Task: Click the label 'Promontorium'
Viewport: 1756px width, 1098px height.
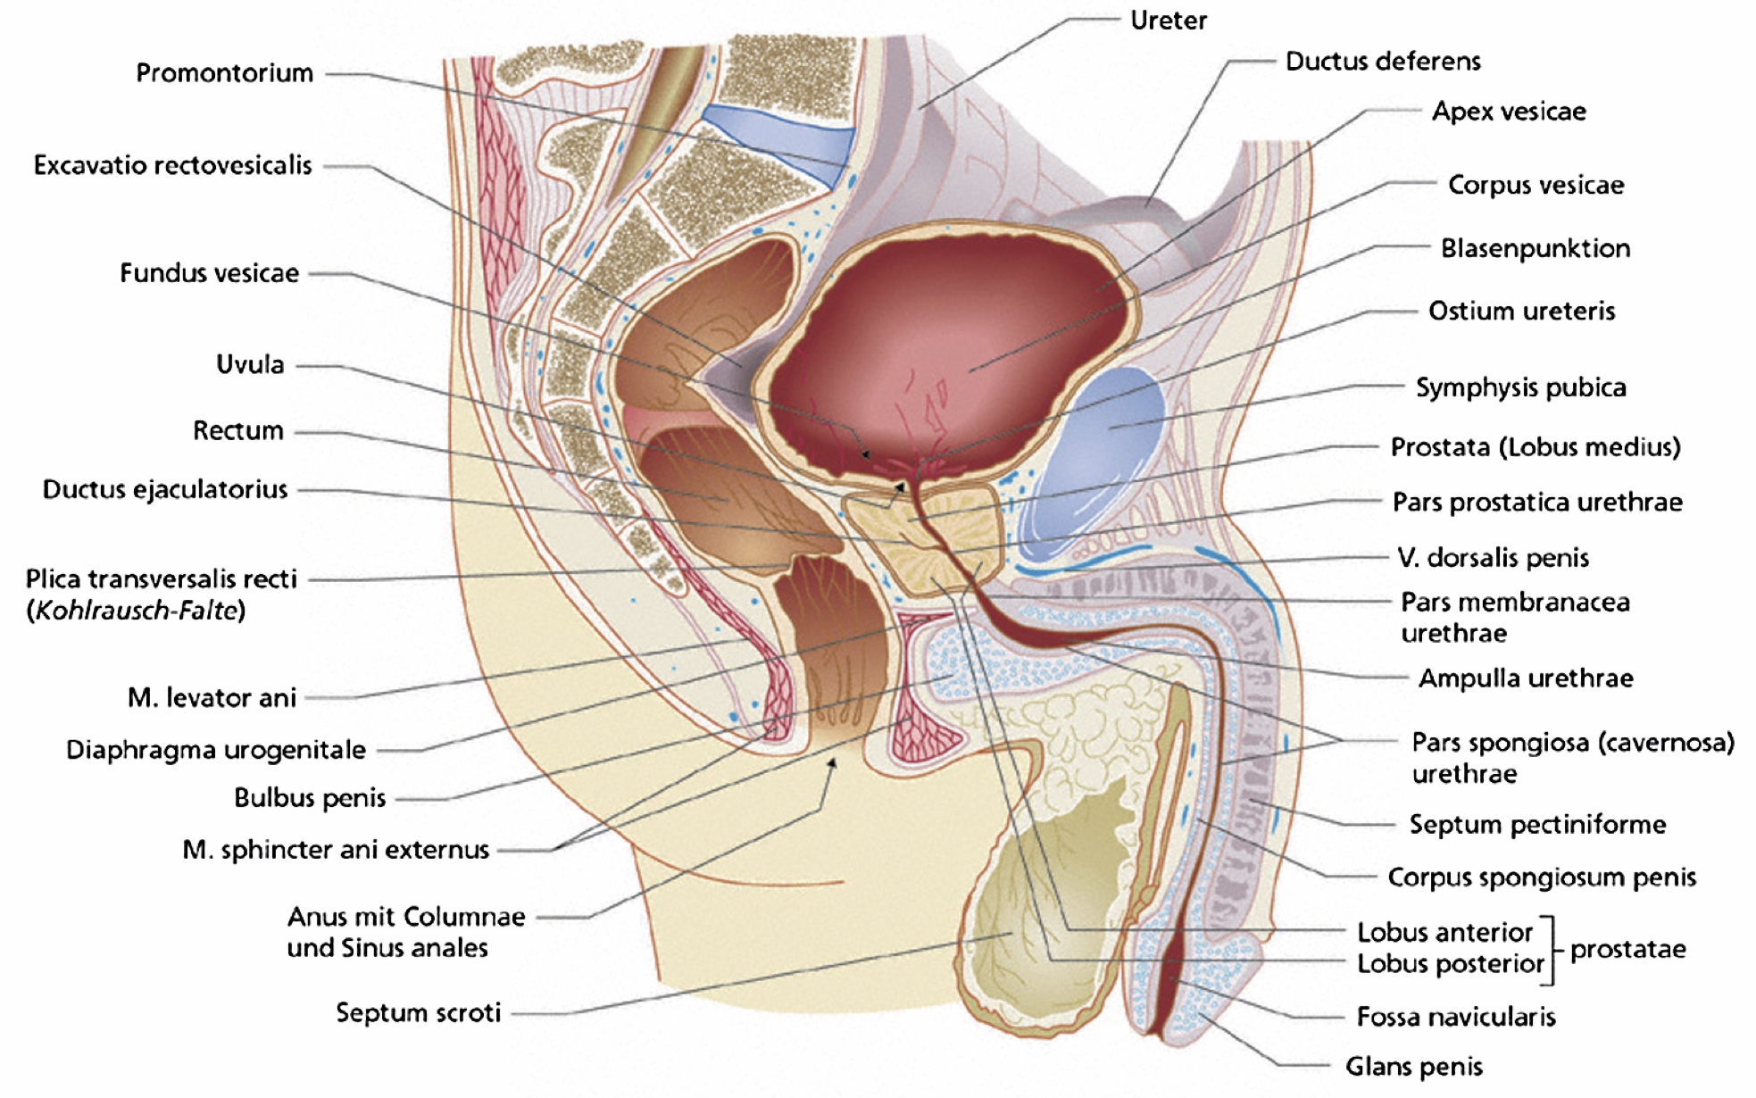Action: [x=224, y=73]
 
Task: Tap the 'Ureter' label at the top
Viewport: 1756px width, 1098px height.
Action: [x=1169, y=21]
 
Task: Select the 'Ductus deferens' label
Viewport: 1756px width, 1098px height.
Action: [x=1383, y=62]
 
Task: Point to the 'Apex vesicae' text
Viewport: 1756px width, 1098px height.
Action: [x=1509, y=112]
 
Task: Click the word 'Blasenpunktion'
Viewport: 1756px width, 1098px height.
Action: [x=1535, y=248]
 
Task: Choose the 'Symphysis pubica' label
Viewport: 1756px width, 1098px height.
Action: [x=1521, y=387]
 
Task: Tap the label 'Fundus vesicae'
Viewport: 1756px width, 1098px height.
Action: [x=210, y=273]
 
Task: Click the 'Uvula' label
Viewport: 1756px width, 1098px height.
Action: [x=250, y=364]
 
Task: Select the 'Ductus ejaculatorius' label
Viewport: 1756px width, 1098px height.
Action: [x=165, y=489]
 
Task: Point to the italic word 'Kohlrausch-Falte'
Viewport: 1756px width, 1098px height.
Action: [x=136, y=611]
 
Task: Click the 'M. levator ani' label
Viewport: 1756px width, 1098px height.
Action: [x=212, y=697]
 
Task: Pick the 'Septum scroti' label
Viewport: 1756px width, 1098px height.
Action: [x=418, y=1012]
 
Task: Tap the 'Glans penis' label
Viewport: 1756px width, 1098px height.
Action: [x=1414, y=1066]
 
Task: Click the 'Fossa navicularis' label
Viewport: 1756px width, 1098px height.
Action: [x=1456, y=1017]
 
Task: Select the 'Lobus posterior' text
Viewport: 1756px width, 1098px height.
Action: [x=1451, y=964]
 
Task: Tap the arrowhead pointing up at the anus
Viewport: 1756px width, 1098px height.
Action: [x=832, y=764]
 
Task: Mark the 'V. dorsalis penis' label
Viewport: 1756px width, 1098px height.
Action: [x=1493, y=558]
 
